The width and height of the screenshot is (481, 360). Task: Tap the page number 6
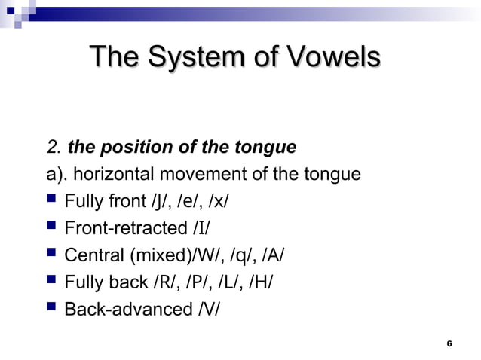(449, 343)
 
